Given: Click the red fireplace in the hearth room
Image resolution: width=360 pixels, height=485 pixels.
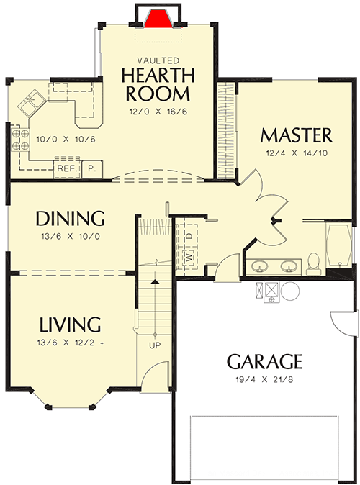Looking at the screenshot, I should [157, 18].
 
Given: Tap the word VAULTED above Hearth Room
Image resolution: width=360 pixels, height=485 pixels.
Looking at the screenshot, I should [157, 61].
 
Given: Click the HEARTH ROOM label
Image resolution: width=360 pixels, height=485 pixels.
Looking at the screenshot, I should [157, 84].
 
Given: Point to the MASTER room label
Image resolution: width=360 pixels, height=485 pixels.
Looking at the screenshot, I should [296, 135].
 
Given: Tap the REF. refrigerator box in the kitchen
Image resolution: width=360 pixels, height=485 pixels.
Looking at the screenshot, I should [67, 169].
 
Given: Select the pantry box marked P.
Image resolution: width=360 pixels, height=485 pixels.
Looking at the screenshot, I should [92, 169].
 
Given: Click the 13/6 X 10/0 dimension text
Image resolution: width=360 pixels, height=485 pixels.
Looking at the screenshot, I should [71, 236].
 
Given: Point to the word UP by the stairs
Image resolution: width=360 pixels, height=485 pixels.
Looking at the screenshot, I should [154, 345].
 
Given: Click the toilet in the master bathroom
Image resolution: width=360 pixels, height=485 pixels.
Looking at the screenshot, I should [314, 263].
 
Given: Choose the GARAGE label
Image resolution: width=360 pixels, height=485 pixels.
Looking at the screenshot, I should [264, 361].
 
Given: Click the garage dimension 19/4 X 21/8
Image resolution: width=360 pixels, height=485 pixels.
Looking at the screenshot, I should [264, 379].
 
